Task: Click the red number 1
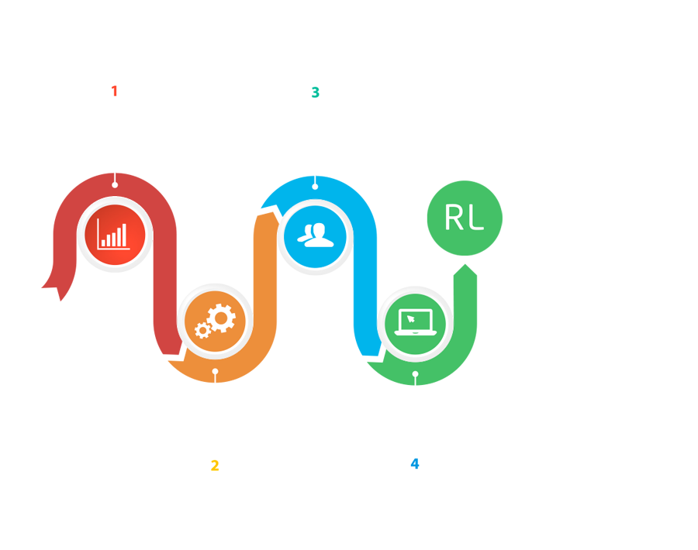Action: click(x=114, y=91)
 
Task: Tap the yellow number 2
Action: click(x=215, y=466)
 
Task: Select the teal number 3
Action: click(x=315, y=93)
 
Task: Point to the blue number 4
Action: click(x=415, y=464)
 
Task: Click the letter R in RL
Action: click(x=454, y=218)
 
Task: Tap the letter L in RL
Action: click(x=475, y=218)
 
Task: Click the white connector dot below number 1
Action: click(x=115, y=184)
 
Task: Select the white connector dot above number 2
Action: click(x=216, y=373)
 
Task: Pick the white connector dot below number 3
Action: click(x=315, y=186)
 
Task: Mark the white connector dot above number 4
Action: click(x=415, y=374)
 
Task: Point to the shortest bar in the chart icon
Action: click(x=103, y=243)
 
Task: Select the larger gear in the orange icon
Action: click(x=222, y=317)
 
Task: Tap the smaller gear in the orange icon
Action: click(x=203, y=331)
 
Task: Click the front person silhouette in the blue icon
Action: click(x=320, y=235)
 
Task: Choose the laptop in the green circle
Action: click(x=415, y=321)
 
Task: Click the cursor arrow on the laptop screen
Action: click(x=411, y=317)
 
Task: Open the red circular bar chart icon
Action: click(x=115, y=234)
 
